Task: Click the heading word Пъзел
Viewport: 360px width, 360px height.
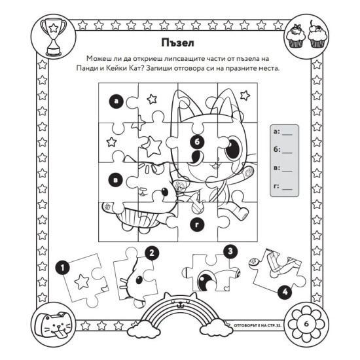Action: click(x=177, y=43)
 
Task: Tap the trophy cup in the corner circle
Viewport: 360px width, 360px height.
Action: click(x=54, y=37)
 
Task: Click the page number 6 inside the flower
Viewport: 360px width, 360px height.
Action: click(x=306, y=324)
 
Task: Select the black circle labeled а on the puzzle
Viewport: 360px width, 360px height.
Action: click(x=117, y=101)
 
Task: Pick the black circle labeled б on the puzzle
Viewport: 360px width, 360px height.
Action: click(x=198, y=142)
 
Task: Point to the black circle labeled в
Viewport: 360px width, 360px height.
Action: click(x=116, y=180)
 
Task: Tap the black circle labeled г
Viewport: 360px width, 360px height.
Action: click(x=198, y=225)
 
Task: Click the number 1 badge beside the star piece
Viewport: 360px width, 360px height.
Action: click(x=63, y=268)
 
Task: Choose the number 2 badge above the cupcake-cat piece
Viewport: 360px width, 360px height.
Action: click(x=152, y=253)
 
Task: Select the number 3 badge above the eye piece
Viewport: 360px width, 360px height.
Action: click(x=231, y=251)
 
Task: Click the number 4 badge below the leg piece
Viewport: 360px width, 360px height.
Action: click(x=285, y=292)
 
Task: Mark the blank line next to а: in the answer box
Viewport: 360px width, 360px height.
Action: click(x=287, y=135)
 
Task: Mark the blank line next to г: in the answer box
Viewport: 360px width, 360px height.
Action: click(x=287, y=190)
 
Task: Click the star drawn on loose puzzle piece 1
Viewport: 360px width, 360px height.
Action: click(x=82, y=281)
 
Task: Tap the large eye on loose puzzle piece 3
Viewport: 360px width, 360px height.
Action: click(x=205, y=280)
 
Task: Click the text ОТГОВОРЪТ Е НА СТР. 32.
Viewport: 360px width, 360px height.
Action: click(x=257, y=325)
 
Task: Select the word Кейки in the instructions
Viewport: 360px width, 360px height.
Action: click(x=118, y=68)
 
